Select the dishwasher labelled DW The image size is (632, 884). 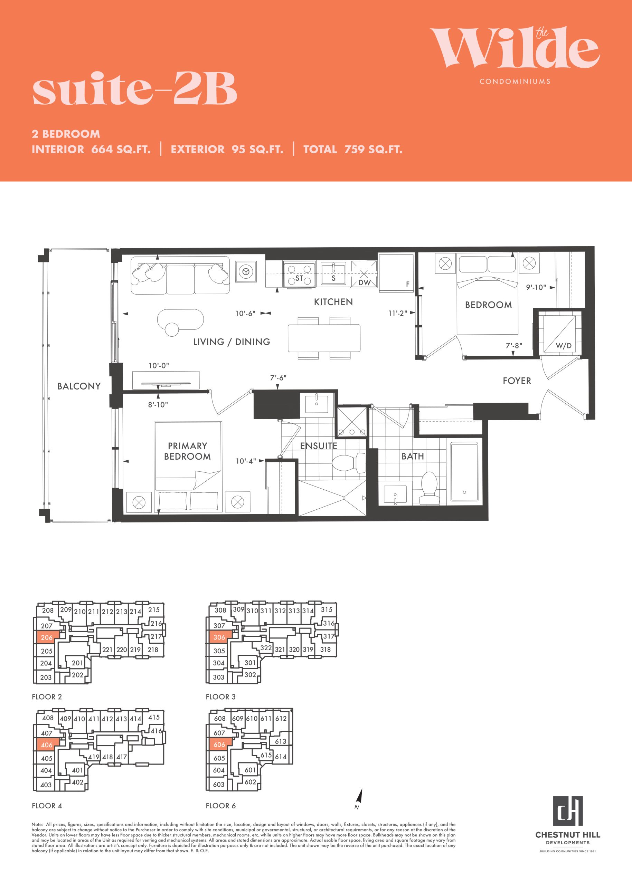coord(364,274)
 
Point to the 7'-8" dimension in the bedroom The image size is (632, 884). coord(514,345)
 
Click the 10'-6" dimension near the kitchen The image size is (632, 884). coord(245,314)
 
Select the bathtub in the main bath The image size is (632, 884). coord(464,472)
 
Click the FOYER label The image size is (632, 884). coord(517,381)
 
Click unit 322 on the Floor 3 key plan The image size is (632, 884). coord(266,647)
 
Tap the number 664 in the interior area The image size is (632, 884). coord(102,149)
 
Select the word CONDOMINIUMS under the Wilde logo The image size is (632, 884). coord(515,81)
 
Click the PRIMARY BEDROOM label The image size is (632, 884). coord(187,451)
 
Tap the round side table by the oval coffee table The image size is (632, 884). coord(172,329)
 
